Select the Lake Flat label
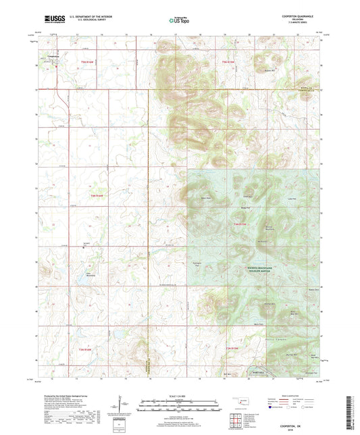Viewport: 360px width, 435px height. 291,199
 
